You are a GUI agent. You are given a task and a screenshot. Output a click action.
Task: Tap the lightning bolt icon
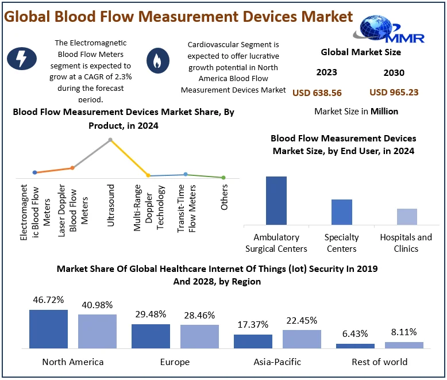pos(18,59)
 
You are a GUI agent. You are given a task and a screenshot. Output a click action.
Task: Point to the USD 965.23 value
pos(394,92)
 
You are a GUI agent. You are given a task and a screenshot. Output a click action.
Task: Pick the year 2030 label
pos(394,72)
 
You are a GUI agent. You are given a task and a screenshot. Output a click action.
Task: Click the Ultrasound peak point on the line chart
pos(110,140)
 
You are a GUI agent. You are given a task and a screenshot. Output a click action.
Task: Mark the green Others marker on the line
pos(223,178)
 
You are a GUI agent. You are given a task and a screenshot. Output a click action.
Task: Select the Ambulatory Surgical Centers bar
pos(276,200)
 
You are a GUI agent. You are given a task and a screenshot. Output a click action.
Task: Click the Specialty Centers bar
pos(341,212)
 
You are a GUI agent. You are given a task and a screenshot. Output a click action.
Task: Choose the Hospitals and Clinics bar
pos(407,216)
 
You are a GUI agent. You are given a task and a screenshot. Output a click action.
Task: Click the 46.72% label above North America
pos(48,300)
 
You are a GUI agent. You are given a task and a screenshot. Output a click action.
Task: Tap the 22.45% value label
pos(302,320)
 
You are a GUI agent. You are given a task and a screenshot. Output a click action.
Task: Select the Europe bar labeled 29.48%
pos(151,336)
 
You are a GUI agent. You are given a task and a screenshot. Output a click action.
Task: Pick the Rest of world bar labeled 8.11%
pos(404,345)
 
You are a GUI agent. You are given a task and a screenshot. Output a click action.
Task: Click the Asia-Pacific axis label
pos(277,362)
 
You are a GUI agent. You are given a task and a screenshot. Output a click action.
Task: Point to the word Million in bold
pos(384,111)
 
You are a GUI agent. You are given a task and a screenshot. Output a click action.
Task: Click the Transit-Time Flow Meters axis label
pos(187,205)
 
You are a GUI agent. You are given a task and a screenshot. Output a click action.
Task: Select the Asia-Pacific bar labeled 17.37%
pos(253,341)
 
